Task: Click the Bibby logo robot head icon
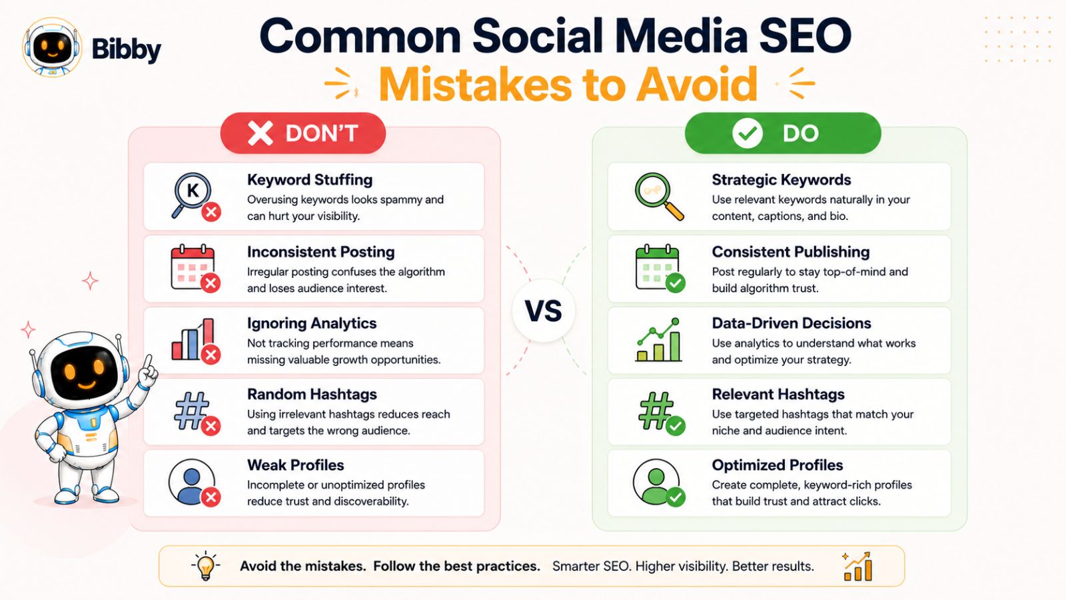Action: (x=52, y=47)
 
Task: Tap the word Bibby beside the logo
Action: (x=126, y=49)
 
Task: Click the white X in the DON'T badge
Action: (x=261, y=133)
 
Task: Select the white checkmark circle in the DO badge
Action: (x=747, y=133)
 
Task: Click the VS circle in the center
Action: (x=544, y=311)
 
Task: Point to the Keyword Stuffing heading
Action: (x=310, y=180)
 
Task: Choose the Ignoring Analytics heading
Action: (x=312, y=323)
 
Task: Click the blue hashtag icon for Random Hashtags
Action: (x=192, y=411)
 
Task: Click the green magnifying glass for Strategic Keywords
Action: (x=659, y=196)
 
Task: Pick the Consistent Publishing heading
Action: (x=790, y=252)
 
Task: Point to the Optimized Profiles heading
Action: (x=777, y=465)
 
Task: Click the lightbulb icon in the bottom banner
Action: (x=206, y=566)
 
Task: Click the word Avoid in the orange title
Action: (x=697, y=84)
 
